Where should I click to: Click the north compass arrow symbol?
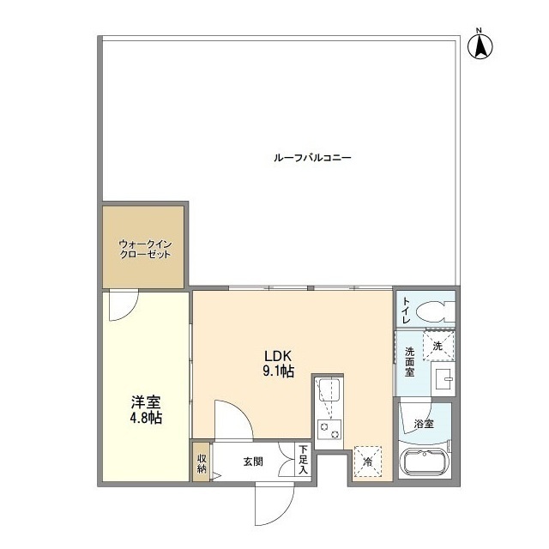pyautogui.click(x=480, y=45)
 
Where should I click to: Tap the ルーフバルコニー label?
pyautogui.click(x=312, y=158)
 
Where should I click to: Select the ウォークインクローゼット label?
pyautogui.click(x=145, y=249)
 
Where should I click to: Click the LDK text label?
pyautogui.click(x=278, y=356)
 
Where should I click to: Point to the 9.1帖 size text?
pyautogui.click(x=278, y=371)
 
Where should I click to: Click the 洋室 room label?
pyautogui.click(x=146, y=402)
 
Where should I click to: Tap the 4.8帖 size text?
pyautogui.click(x=146, y=418)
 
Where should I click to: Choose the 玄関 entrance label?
pyautogui.click(x=253, y=462)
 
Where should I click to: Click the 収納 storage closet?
pyautogui.click(x=202, y=462)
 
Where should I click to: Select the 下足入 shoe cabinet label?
pyautogui.click(x=303, y=460)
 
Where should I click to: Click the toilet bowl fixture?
pyautogui.click(x=435, y=311)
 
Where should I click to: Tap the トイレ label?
pyautogui.click(x=406, y=311)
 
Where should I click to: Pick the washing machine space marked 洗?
pyautogui.click(x=438, y=346)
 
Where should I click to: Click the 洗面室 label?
pyautogui.click(x=409, y=362)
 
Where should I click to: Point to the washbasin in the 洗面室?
pyautogui.click(x=443, y=379)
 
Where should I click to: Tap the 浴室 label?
pyautogui.click(x=424, y=424)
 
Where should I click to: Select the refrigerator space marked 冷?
pyautogui.click(x=368, y=462)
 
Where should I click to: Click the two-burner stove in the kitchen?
pyautogui.click(x=329, y=431)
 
